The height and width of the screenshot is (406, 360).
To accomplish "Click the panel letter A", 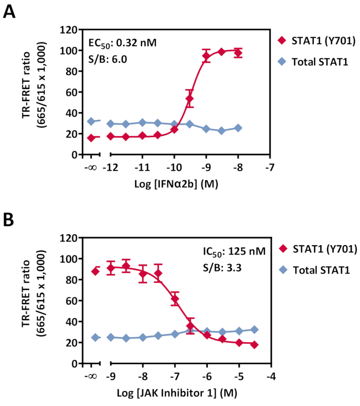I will pyautogui.click(x=10, y=11).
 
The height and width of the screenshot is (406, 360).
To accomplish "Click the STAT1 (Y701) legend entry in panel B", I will pyautogui.click(x=324, y=249).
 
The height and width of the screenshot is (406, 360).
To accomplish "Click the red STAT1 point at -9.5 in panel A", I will pyautogui.click(x=190, y=99).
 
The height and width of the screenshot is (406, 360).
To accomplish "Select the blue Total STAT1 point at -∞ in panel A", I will pyautogui.click(x=91, y=121).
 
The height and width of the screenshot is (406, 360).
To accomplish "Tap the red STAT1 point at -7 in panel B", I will pyautogui.click(x=175, y=299).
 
